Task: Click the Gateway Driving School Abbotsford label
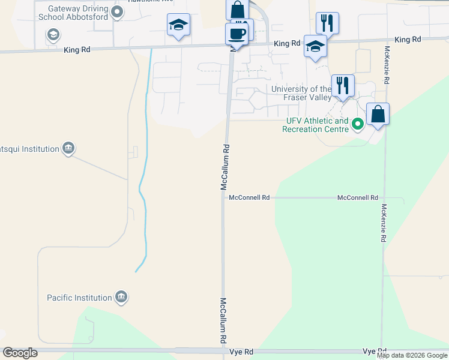pos(73,13)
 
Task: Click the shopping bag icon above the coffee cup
pos(237,10)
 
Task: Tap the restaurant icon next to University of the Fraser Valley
pos(343,85)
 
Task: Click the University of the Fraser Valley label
pos(301,93)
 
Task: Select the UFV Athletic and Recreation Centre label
pos(316,125)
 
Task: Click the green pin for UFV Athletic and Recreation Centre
pos(358,125)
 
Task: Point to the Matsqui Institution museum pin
pos(68,148)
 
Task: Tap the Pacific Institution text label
pos(80,298)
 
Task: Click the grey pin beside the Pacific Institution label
pos(121,296)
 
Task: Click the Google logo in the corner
pos(20,353)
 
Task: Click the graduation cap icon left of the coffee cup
pos(178,25)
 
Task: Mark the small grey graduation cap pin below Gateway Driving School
pos(53,34)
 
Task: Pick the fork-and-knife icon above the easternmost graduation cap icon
pos(327,23)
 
